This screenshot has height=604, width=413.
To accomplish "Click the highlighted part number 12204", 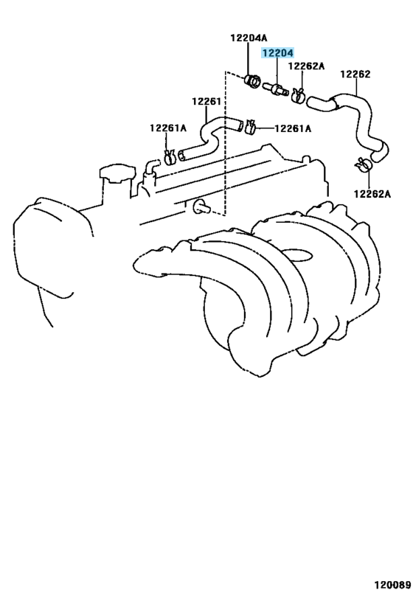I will [x=277, y=53].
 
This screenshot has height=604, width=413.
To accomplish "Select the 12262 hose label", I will [x=355, y=74].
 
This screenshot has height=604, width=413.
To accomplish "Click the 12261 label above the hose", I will [x=207, y=102].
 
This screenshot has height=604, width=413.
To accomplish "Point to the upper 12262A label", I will [x=306, y=66].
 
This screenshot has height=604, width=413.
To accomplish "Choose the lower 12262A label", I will [x=371, y=194].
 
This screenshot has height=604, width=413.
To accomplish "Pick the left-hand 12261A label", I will [x=169, y=128].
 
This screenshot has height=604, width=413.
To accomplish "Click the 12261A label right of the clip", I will [x=293, y=128].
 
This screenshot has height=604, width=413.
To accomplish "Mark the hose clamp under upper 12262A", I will [x=299, y=94].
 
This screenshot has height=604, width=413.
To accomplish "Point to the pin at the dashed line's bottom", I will [x=198, y=207].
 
